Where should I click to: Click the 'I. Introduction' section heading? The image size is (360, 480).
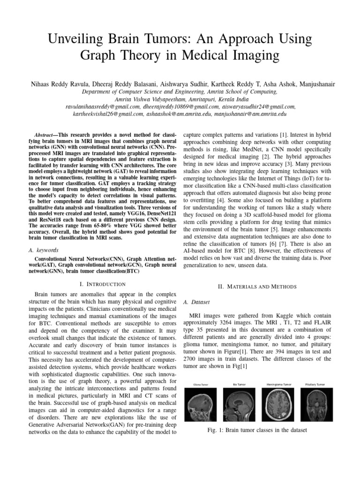coord(103,284)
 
